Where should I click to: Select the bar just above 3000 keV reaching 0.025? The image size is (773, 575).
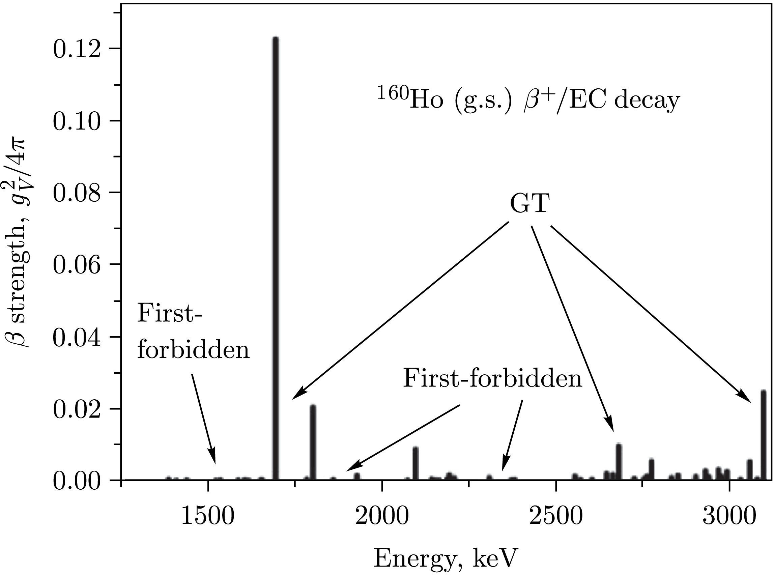tap(764, 435)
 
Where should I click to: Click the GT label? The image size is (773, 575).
tap(530, 205)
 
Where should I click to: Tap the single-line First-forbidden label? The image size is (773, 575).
tap(492, 378)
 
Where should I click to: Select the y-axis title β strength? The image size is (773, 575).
tap(18, 243)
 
